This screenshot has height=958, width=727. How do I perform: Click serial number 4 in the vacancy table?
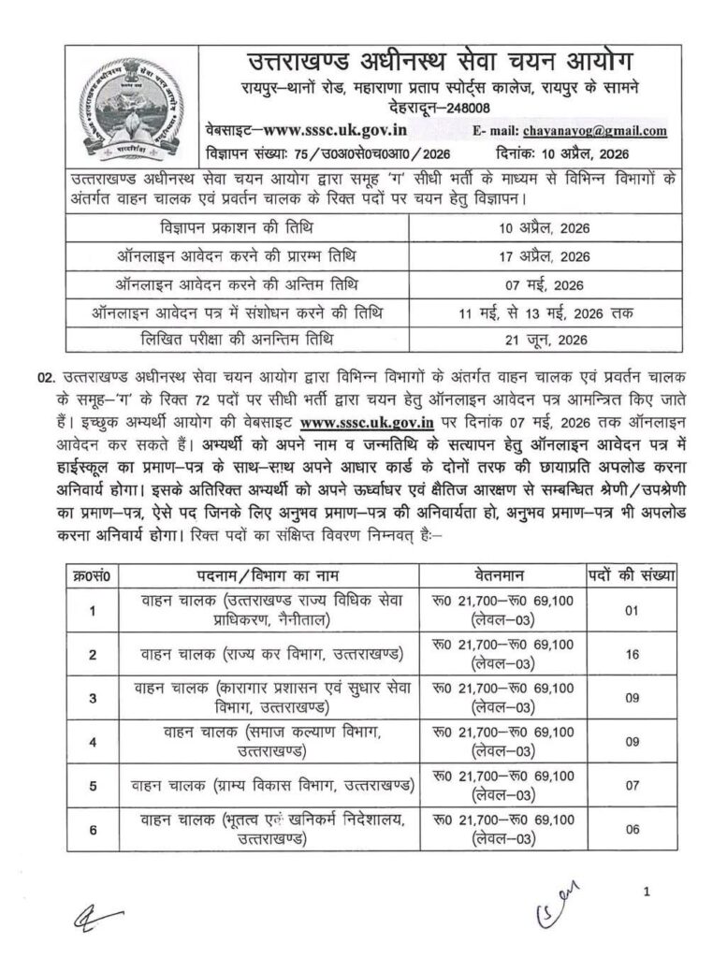92,742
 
